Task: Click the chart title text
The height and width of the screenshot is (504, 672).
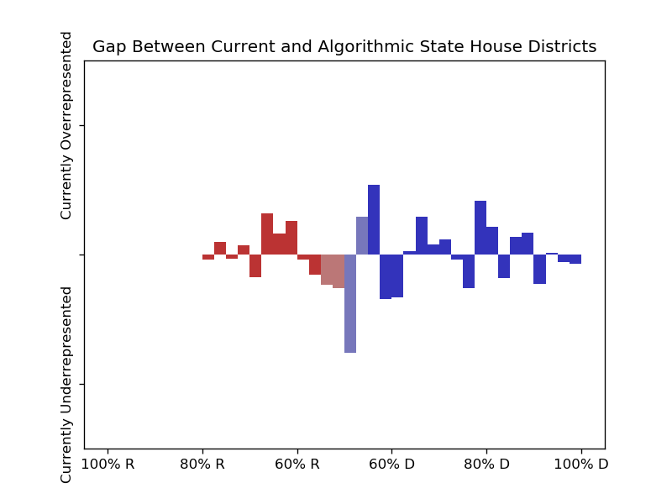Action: [344, 47]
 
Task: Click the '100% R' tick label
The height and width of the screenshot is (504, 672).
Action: [108, 464]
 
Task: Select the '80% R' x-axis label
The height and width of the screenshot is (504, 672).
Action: [202, 464]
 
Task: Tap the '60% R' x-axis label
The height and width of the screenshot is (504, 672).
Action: [297, 464]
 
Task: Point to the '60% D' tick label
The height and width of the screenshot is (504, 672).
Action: [391, 464]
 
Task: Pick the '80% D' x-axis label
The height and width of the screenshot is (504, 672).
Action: [486, 464]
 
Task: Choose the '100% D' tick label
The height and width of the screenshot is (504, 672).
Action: [580, 464]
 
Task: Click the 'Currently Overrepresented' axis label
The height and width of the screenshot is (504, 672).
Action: [67, 126]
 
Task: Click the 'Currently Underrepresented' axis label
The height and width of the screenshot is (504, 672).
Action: [67, 385]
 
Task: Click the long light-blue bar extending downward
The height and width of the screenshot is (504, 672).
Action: [350, 304]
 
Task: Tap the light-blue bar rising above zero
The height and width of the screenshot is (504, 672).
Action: [362, 236]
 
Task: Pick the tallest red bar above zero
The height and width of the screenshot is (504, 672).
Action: [267, 234]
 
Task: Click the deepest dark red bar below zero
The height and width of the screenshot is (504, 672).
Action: [255, 265]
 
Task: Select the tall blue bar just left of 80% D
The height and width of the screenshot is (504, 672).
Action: [480, 228]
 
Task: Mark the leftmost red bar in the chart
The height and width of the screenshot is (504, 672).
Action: [208, 257]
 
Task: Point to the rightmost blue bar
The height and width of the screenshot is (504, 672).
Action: [575, 260]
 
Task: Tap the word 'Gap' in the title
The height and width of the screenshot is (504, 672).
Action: [108, 47]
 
